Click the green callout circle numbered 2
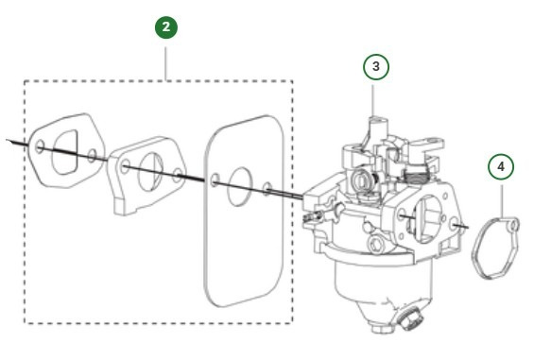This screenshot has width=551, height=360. tap(166, 27)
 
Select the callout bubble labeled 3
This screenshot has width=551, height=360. tap(376, 67)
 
